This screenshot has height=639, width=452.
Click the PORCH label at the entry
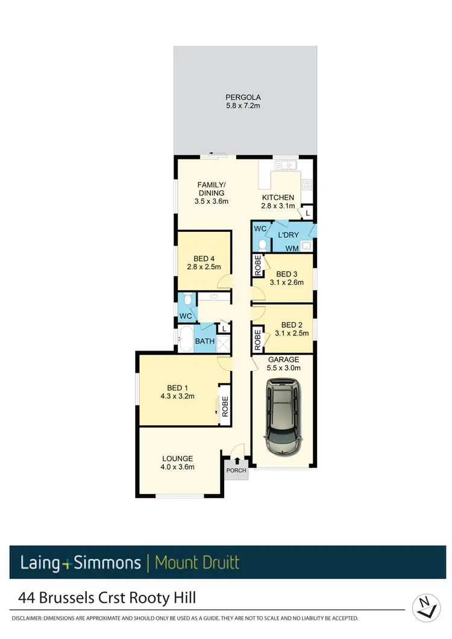coord(236,470)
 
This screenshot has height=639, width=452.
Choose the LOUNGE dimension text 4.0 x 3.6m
coord(177,467)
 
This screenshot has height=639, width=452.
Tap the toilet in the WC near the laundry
coord(262,245)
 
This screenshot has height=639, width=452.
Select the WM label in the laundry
coord(292,248)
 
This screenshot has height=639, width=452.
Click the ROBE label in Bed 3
coord(257,265)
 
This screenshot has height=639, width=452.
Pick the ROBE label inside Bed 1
coord(224,407)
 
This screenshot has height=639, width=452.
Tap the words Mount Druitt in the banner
coord(197,563)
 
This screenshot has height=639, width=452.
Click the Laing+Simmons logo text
coord(80,563)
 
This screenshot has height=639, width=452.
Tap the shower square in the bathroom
coord(223,343)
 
